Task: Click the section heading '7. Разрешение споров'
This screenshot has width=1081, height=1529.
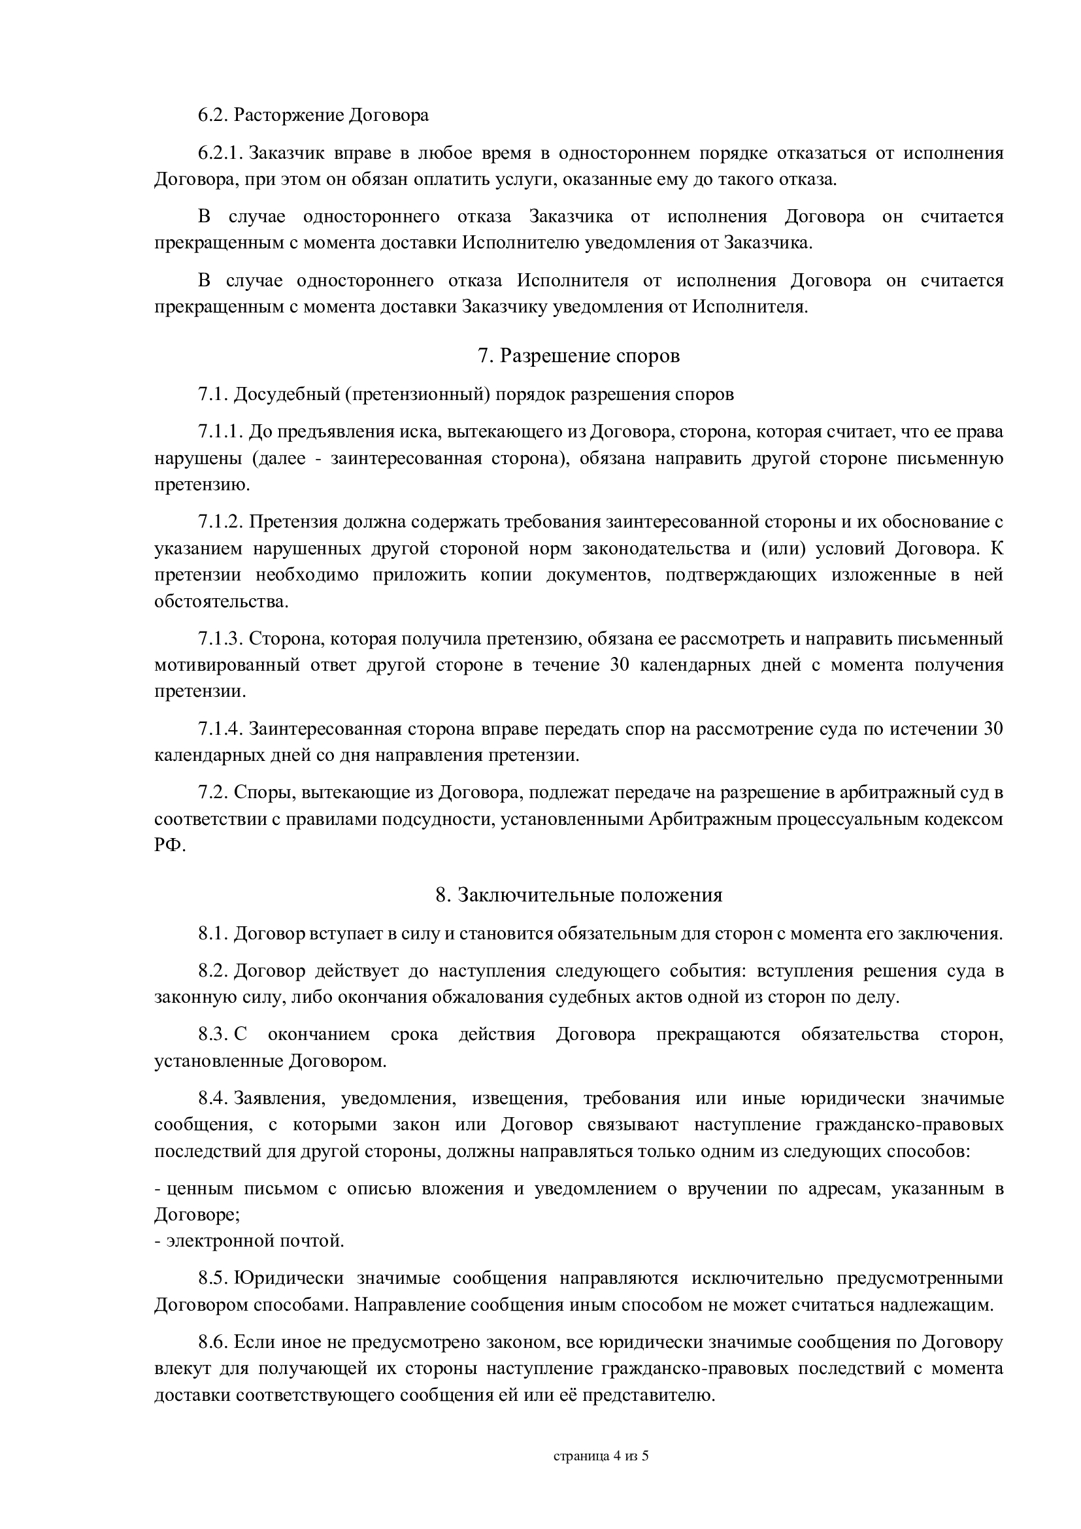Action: [x=578, y=356]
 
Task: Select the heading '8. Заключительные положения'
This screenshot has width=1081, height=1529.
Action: [x=578, y=894]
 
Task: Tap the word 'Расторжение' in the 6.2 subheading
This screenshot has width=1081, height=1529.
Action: [x=289, y=115]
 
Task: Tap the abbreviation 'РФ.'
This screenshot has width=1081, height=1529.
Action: [x=171, y=845]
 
